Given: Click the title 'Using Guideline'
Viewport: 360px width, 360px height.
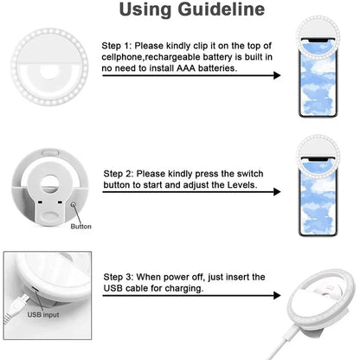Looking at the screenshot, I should (179, 11).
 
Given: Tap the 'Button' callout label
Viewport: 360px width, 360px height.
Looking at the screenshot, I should (80, 227).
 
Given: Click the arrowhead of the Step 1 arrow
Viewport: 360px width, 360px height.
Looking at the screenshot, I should (276, 76).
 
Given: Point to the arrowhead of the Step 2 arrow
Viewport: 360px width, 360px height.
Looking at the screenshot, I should (276, 195).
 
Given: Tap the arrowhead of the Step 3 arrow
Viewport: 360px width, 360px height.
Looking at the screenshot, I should (276, 297).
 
